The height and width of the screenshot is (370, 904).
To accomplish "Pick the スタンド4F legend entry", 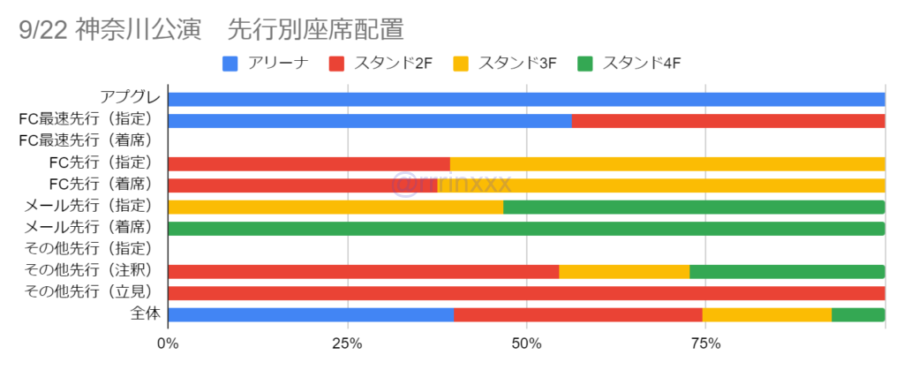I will click(x=630, y=63).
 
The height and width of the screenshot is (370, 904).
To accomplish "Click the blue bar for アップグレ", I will click(x=526, y=100).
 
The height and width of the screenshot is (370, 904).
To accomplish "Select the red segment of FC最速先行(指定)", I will click(x=728, y=121).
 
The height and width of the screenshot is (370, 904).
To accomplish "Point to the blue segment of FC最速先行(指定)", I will click(x=369, y=121).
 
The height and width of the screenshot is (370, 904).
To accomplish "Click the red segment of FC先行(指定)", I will click(x=309, y=164).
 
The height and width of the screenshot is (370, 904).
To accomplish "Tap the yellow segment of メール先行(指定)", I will click(x=335, y=207).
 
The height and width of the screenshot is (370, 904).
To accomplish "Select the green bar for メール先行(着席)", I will click(x=526, y=229).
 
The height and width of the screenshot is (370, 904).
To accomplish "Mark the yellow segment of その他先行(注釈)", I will click(x=624, y=272).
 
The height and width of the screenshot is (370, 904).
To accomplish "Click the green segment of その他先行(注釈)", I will click(x=787, y=272).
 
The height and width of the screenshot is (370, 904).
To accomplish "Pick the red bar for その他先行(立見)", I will click(x=526, y=293).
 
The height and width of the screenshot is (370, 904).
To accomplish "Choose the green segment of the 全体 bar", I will click(x=858, y=314).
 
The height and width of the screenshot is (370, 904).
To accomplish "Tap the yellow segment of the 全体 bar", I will click(x=766, y=314).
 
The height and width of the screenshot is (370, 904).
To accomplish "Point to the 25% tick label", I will click(x=347, y=344).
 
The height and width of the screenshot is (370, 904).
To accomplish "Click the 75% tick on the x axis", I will click(x=704, y=344).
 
